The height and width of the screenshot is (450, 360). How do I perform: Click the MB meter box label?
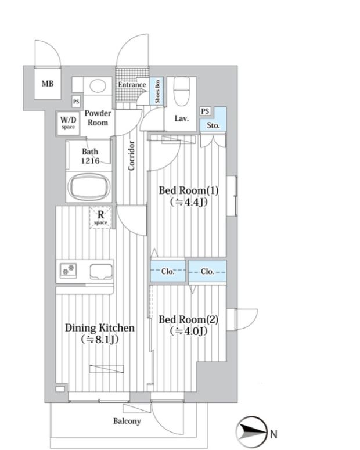tap(48, 84)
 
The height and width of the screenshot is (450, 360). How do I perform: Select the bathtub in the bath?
tap(89, 187)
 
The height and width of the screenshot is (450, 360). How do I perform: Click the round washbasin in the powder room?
tap(98, 85)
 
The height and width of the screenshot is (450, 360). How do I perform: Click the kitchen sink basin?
tap(101, 272)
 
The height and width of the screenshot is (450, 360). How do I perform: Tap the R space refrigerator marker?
tap(100, 218)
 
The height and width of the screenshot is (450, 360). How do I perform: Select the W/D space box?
tap(68, 123)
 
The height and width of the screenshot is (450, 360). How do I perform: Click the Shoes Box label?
tap(157, 91)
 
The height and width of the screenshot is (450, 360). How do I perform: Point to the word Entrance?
tap(132, 85)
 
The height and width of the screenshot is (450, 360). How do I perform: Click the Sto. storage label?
tap(213, 125)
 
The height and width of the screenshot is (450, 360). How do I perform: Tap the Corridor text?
tap(131, 156)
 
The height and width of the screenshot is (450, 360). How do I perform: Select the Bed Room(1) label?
tap(189, 190)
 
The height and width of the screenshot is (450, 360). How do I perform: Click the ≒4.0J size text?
tap(189, 332)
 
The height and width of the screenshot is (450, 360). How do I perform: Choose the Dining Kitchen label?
tap(100, 327)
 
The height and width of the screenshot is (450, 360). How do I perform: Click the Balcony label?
tap(127, 422)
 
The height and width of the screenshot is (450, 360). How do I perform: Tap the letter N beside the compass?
tap(273, 434)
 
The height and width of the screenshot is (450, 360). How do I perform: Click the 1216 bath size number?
tap(90, 161)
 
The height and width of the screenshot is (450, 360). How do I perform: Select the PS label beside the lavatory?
tap(205, 111)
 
